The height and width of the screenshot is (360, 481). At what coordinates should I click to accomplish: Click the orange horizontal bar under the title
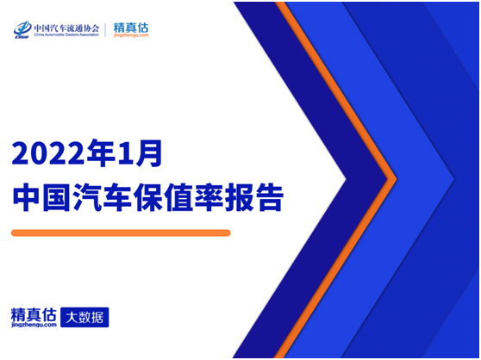click(x=121, y=233)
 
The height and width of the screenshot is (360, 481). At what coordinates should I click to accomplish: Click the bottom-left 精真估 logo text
click(x=34, y=313)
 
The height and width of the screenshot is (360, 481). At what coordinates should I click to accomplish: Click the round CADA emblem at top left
click(x=22, y=29)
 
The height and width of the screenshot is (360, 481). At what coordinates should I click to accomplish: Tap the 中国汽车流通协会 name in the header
click(x=66, y=27)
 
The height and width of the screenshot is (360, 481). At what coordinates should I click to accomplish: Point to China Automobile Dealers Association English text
click(x=66, y=35)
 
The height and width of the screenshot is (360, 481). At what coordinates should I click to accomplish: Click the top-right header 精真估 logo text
click(x=131, y=27)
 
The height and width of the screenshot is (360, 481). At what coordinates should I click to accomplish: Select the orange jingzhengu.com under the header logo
click(x=131, y=36)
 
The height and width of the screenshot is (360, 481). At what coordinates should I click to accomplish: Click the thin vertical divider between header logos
click(x=106, y=30)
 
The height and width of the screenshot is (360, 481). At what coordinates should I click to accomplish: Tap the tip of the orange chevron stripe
click(x=395, y=179)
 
